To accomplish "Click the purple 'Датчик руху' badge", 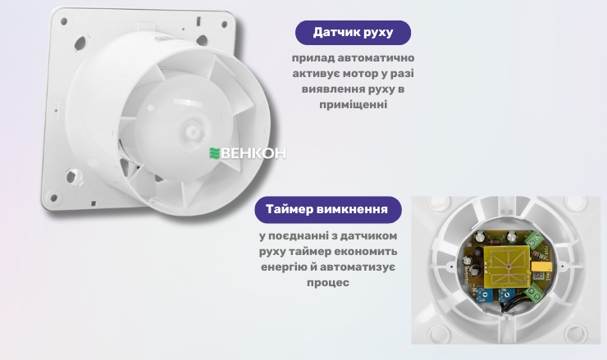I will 353,33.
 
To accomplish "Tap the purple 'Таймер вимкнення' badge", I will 326,209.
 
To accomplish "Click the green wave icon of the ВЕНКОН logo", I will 216,153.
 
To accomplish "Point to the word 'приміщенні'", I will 353,105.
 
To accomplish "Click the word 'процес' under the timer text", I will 328,282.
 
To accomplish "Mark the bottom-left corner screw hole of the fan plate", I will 54,197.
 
